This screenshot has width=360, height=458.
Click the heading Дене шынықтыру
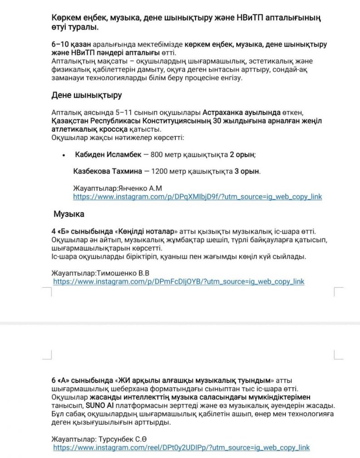tap(86, 95)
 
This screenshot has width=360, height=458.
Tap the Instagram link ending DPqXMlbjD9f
tap(197, 197)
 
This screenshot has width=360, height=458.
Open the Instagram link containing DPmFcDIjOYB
tap(179, 282)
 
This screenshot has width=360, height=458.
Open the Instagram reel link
tap(182, 448)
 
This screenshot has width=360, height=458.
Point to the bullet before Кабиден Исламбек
tap(63, 155)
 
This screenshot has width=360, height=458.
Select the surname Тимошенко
tap(117, 273)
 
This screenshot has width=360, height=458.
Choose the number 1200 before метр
tap(160, 171)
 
